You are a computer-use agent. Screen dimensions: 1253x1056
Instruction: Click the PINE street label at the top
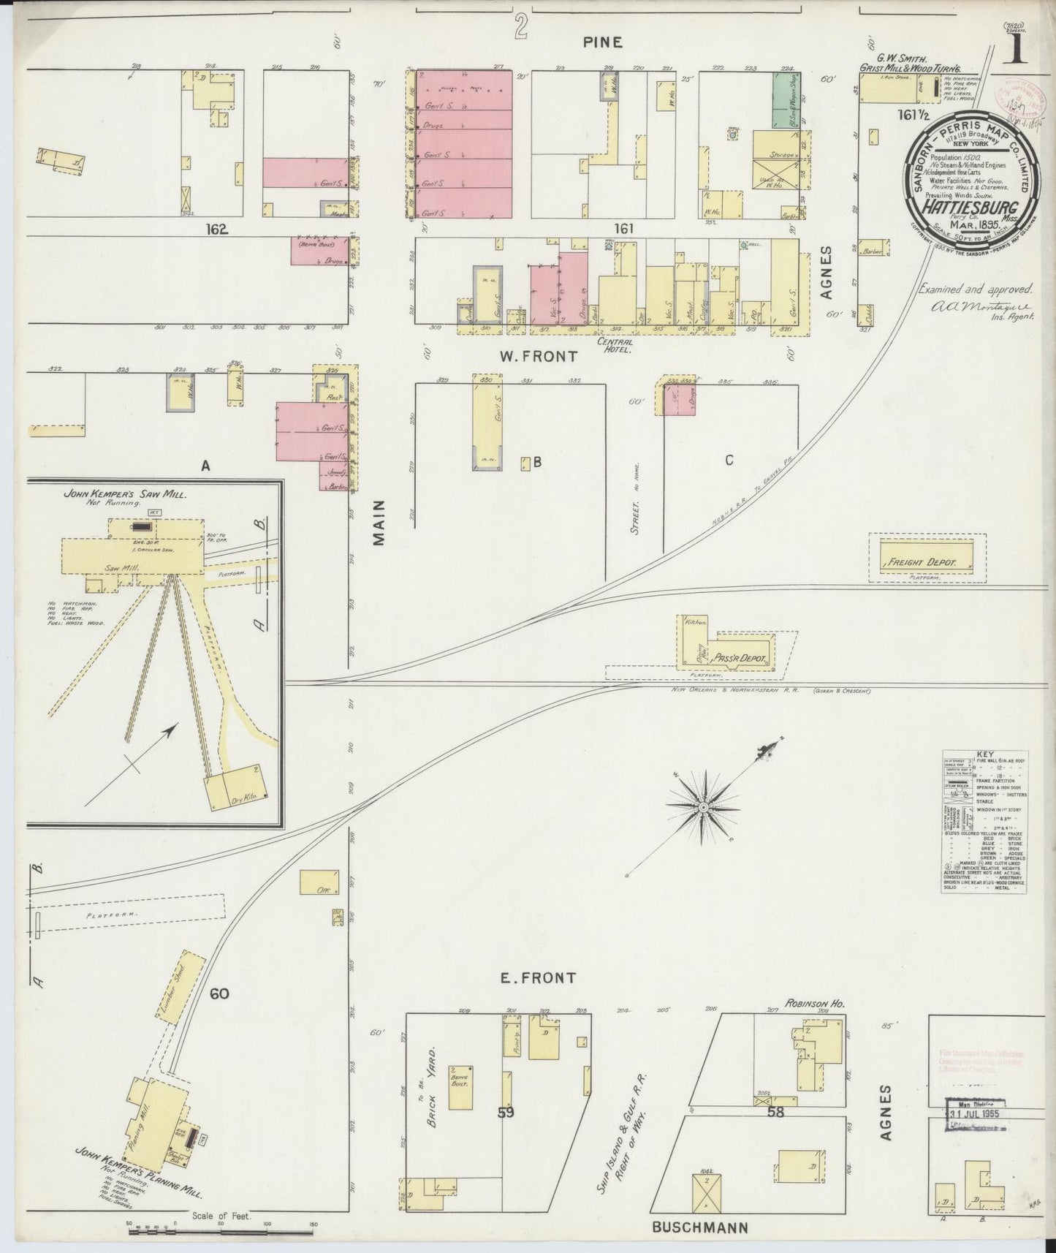point(602,42)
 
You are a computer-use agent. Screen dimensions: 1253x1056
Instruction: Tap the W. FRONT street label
point(538,357)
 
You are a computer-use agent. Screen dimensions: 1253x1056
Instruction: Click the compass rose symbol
point(702,806)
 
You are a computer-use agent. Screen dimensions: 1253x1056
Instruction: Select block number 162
point(218,230)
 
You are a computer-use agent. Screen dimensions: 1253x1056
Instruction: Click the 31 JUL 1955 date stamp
point(973,1115)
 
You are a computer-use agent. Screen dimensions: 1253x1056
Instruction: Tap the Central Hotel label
point(615,344)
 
